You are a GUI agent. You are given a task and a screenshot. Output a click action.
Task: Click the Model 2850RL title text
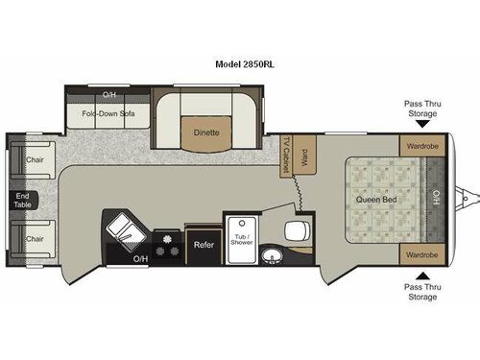click(x=248, y=66)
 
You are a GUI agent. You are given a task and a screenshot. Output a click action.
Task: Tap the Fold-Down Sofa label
click(x=107, y=112)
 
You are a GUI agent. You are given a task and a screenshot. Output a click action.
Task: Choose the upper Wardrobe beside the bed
click(x=420, y=148)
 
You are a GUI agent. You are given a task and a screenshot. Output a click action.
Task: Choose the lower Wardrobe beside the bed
click(x=420, y=255)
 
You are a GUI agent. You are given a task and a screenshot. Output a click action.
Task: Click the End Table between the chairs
click(x=21, y=200)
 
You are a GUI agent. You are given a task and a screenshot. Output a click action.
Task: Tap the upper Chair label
click(x=36, y=159)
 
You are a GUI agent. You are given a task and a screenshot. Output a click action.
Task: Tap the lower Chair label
click(x=36, y=238)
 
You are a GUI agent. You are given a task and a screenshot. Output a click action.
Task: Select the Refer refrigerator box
click(x=204, y=245)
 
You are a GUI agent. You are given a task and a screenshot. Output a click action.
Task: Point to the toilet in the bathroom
click(x=296, y=230)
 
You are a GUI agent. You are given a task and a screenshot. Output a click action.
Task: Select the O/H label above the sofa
click(x=109, y=93)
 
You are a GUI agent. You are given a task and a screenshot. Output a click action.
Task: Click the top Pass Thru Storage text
click(x=420, y=107)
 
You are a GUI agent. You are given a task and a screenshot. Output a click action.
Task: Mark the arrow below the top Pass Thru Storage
click(x=420, y=124)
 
